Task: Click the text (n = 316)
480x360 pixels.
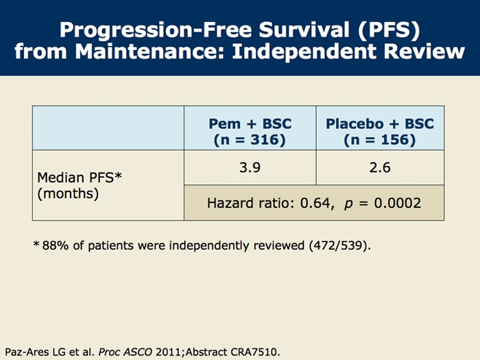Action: click(250, 139)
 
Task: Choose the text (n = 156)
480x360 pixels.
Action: click(380, 139)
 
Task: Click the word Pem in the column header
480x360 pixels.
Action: click(224, 124)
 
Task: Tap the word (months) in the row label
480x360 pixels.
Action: click(68, 193)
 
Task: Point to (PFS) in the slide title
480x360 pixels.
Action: click(387, 30)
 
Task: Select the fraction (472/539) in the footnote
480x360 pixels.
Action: click(339, 245)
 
